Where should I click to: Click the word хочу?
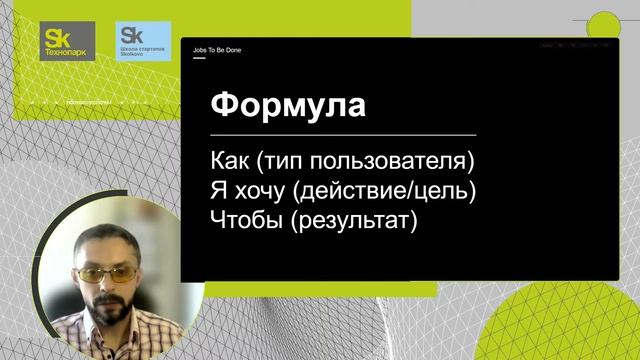[x=264, y=191]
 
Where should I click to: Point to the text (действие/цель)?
[x=387, y=191]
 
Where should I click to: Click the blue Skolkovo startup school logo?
[x=142, y=41]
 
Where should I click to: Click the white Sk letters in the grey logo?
[x=56, y=34]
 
